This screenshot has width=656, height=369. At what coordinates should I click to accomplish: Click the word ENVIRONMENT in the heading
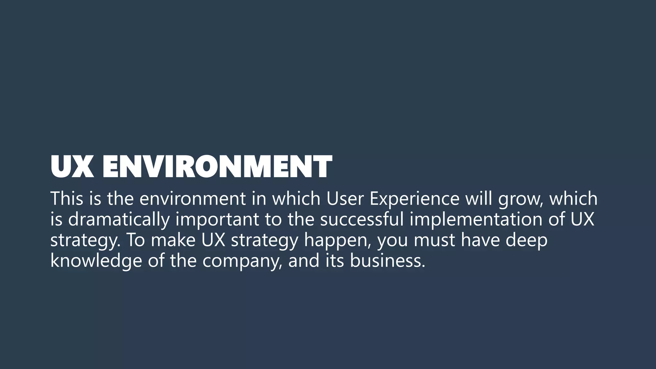tap(217, 167)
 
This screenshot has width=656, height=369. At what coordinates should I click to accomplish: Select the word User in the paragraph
tap(345, 198)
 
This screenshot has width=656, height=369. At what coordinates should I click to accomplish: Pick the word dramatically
tap(119, 220)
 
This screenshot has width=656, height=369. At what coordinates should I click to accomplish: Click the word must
tap(434, 240)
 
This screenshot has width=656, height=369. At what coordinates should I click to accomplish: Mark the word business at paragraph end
tap(387, 261)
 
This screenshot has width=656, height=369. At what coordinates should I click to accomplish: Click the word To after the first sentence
tap(136, 240)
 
